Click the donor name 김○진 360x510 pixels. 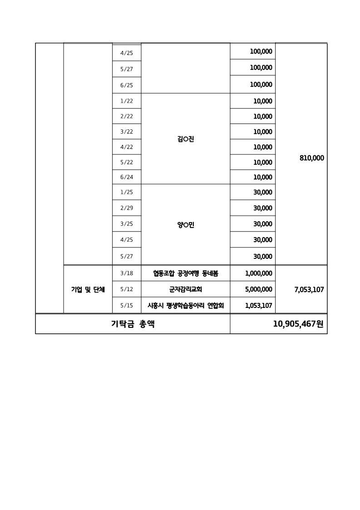coord(186,139)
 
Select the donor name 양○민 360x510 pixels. coord(186,224)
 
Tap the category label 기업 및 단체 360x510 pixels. coord(88,289)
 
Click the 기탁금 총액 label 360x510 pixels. coord(133,324)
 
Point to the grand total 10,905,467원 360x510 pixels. coord(298,324)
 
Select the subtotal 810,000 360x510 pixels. coord(312,158)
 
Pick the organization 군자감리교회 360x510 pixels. coord(186,289)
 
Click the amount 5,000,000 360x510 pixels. coord(258,289)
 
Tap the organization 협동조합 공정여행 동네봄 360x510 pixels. coord(186,273)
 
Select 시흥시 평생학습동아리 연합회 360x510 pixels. coord(186,306)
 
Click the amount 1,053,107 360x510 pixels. coord(258,306)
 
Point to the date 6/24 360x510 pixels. coord(127,177)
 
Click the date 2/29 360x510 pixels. coord(127,208)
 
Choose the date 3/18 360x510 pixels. coord(127,273)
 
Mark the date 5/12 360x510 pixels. coord(127,289)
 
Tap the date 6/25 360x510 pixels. coord(127,85)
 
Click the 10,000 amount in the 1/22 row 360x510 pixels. coord(263,101)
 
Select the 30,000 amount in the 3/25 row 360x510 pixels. coord(263,224)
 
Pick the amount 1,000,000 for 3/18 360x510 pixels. coord(258,273)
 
